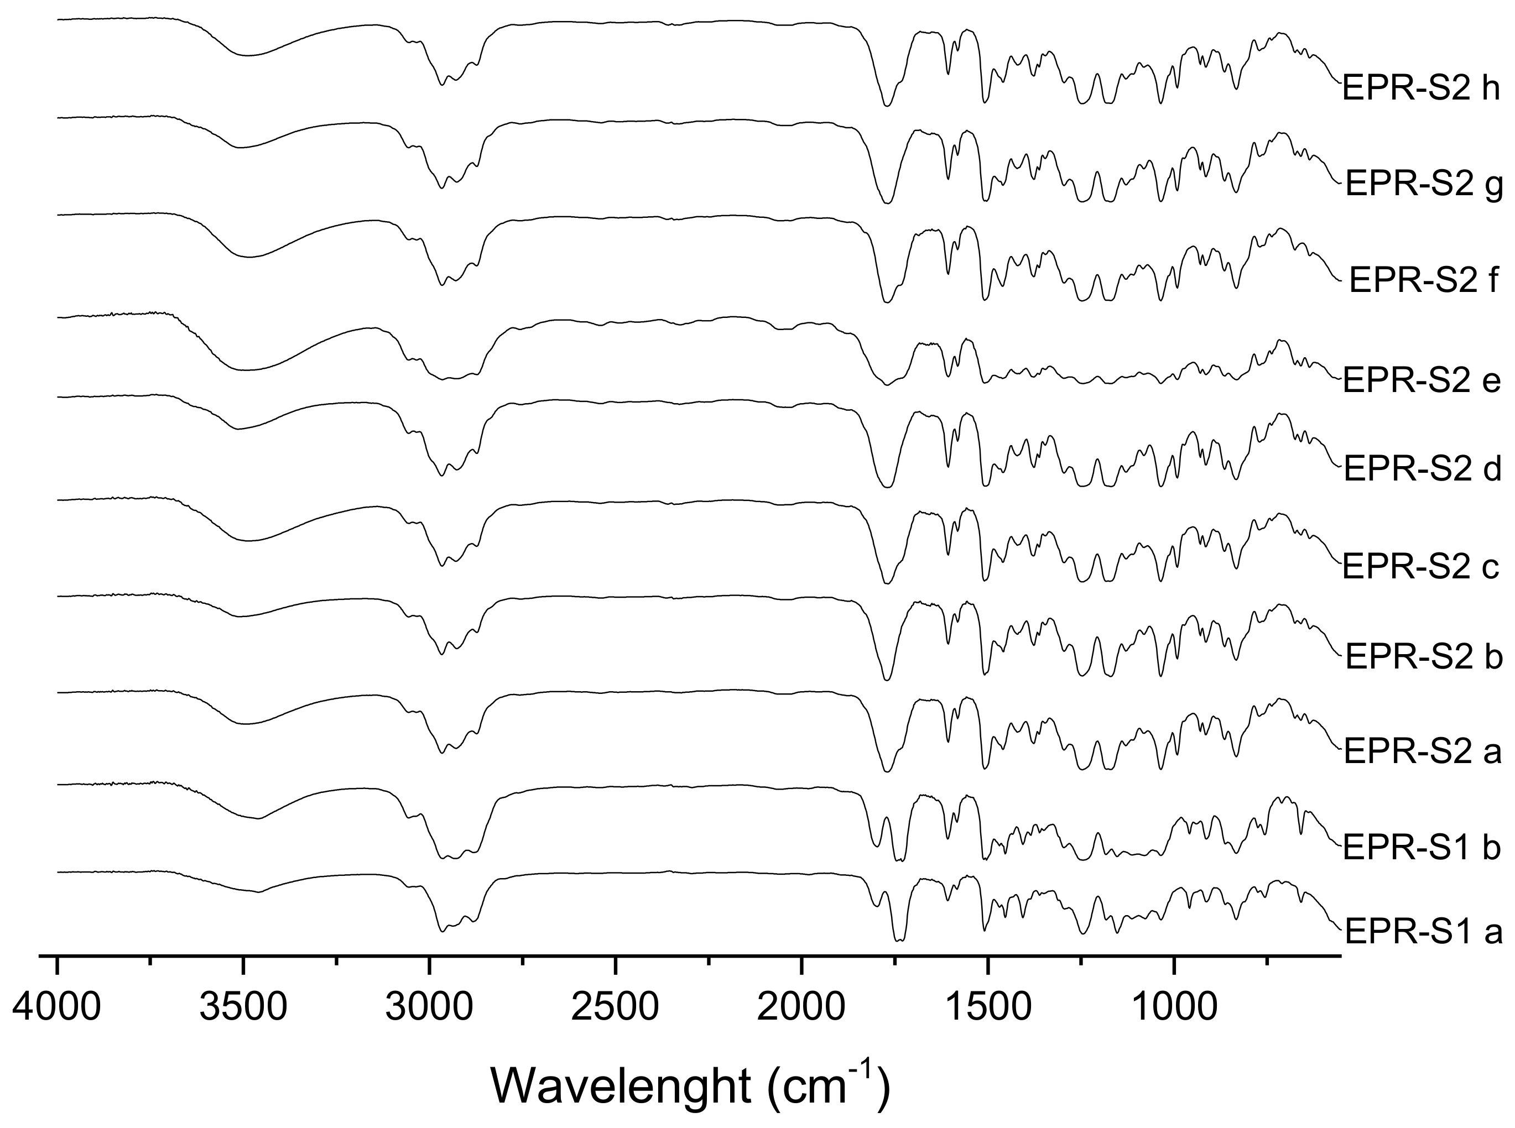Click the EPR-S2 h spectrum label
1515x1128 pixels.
point(1421,89)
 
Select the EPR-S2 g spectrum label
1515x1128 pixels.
point(1424,185)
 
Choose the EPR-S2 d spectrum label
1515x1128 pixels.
point(1422,470)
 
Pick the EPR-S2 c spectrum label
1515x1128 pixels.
point(1421,567)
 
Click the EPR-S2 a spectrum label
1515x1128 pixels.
point(1422,753)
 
